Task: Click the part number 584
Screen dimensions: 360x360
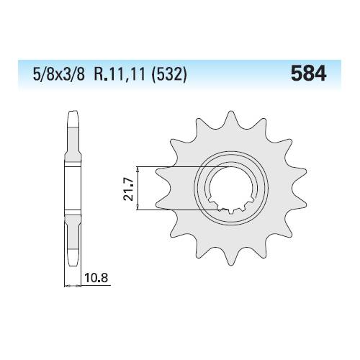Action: tap(308, 73)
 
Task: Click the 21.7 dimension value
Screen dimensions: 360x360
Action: tap(127, 189)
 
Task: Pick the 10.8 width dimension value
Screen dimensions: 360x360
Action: tap(96, 279)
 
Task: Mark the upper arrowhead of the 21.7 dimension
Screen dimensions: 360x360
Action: tap(138, 170)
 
